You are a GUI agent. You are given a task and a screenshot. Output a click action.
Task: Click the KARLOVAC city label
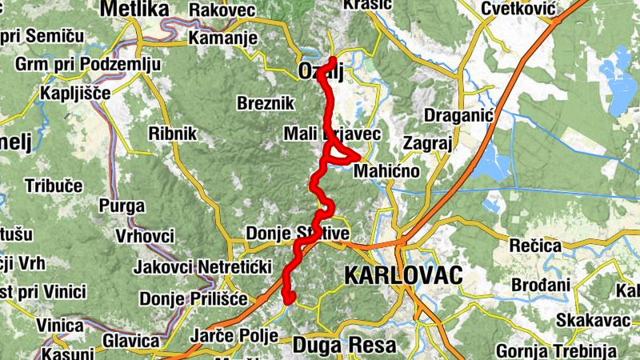(x=404, y=276)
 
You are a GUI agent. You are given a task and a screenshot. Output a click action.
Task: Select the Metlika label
(x=135, y=10)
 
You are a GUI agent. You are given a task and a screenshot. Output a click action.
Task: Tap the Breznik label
(x=266, y=103)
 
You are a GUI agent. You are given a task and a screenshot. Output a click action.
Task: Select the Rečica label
(x=534, y=245)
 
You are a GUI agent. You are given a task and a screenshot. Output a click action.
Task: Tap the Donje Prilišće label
(x=189, y=299)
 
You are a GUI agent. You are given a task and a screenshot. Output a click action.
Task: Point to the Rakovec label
(x=222, y=10)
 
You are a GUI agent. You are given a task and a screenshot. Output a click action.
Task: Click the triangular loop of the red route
(x=338, y=152)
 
